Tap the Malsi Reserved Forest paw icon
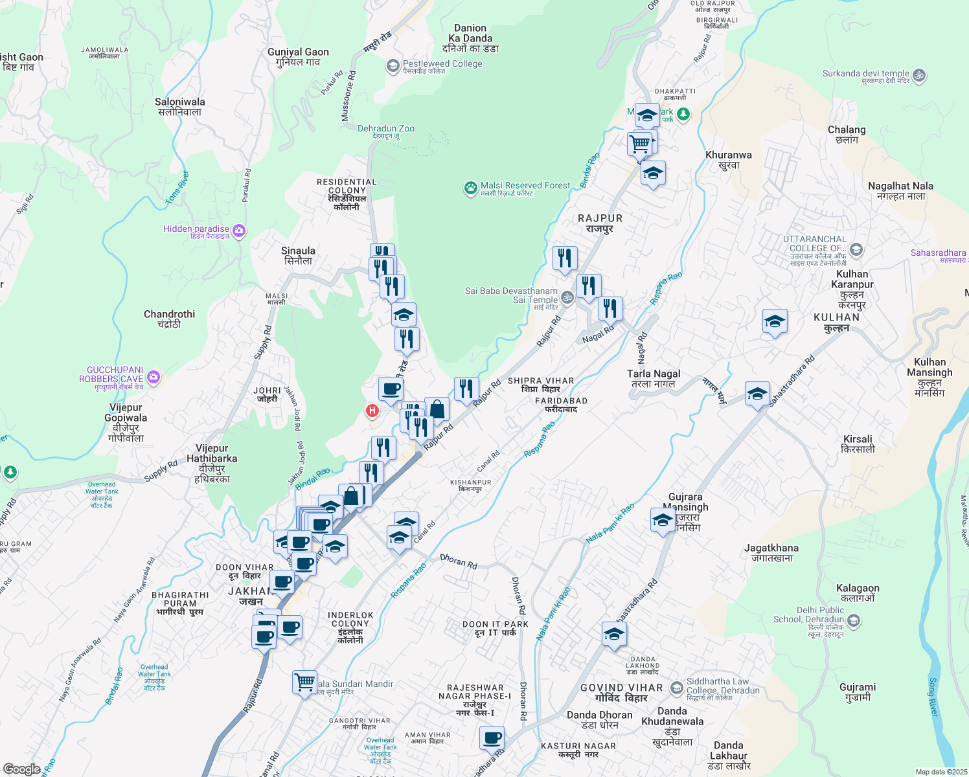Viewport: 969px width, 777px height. point(470,188)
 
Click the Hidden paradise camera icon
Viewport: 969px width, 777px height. point(239,231)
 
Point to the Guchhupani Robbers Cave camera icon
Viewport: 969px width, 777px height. point(154,377)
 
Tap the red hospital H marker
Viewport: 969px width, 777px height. point(372,411)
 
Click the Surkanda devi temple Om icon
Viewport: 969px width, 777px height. point(918,76)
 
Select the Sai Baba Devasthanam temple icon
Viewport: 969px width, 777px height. point(567,297)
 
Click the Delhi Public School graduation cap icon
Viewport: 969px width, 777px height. point(854,621)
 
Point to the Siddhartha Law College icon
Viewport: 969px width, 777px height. point(676,687)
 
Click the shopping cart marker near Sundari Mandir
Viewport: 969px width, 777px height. point(304,682)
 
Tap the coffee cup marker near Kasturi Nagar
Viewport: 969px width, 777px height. point(492,738)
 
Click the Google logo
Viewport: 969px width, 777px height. point(21,769)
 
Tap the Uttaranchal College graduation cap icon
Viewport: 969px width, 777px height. point(856,250)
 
